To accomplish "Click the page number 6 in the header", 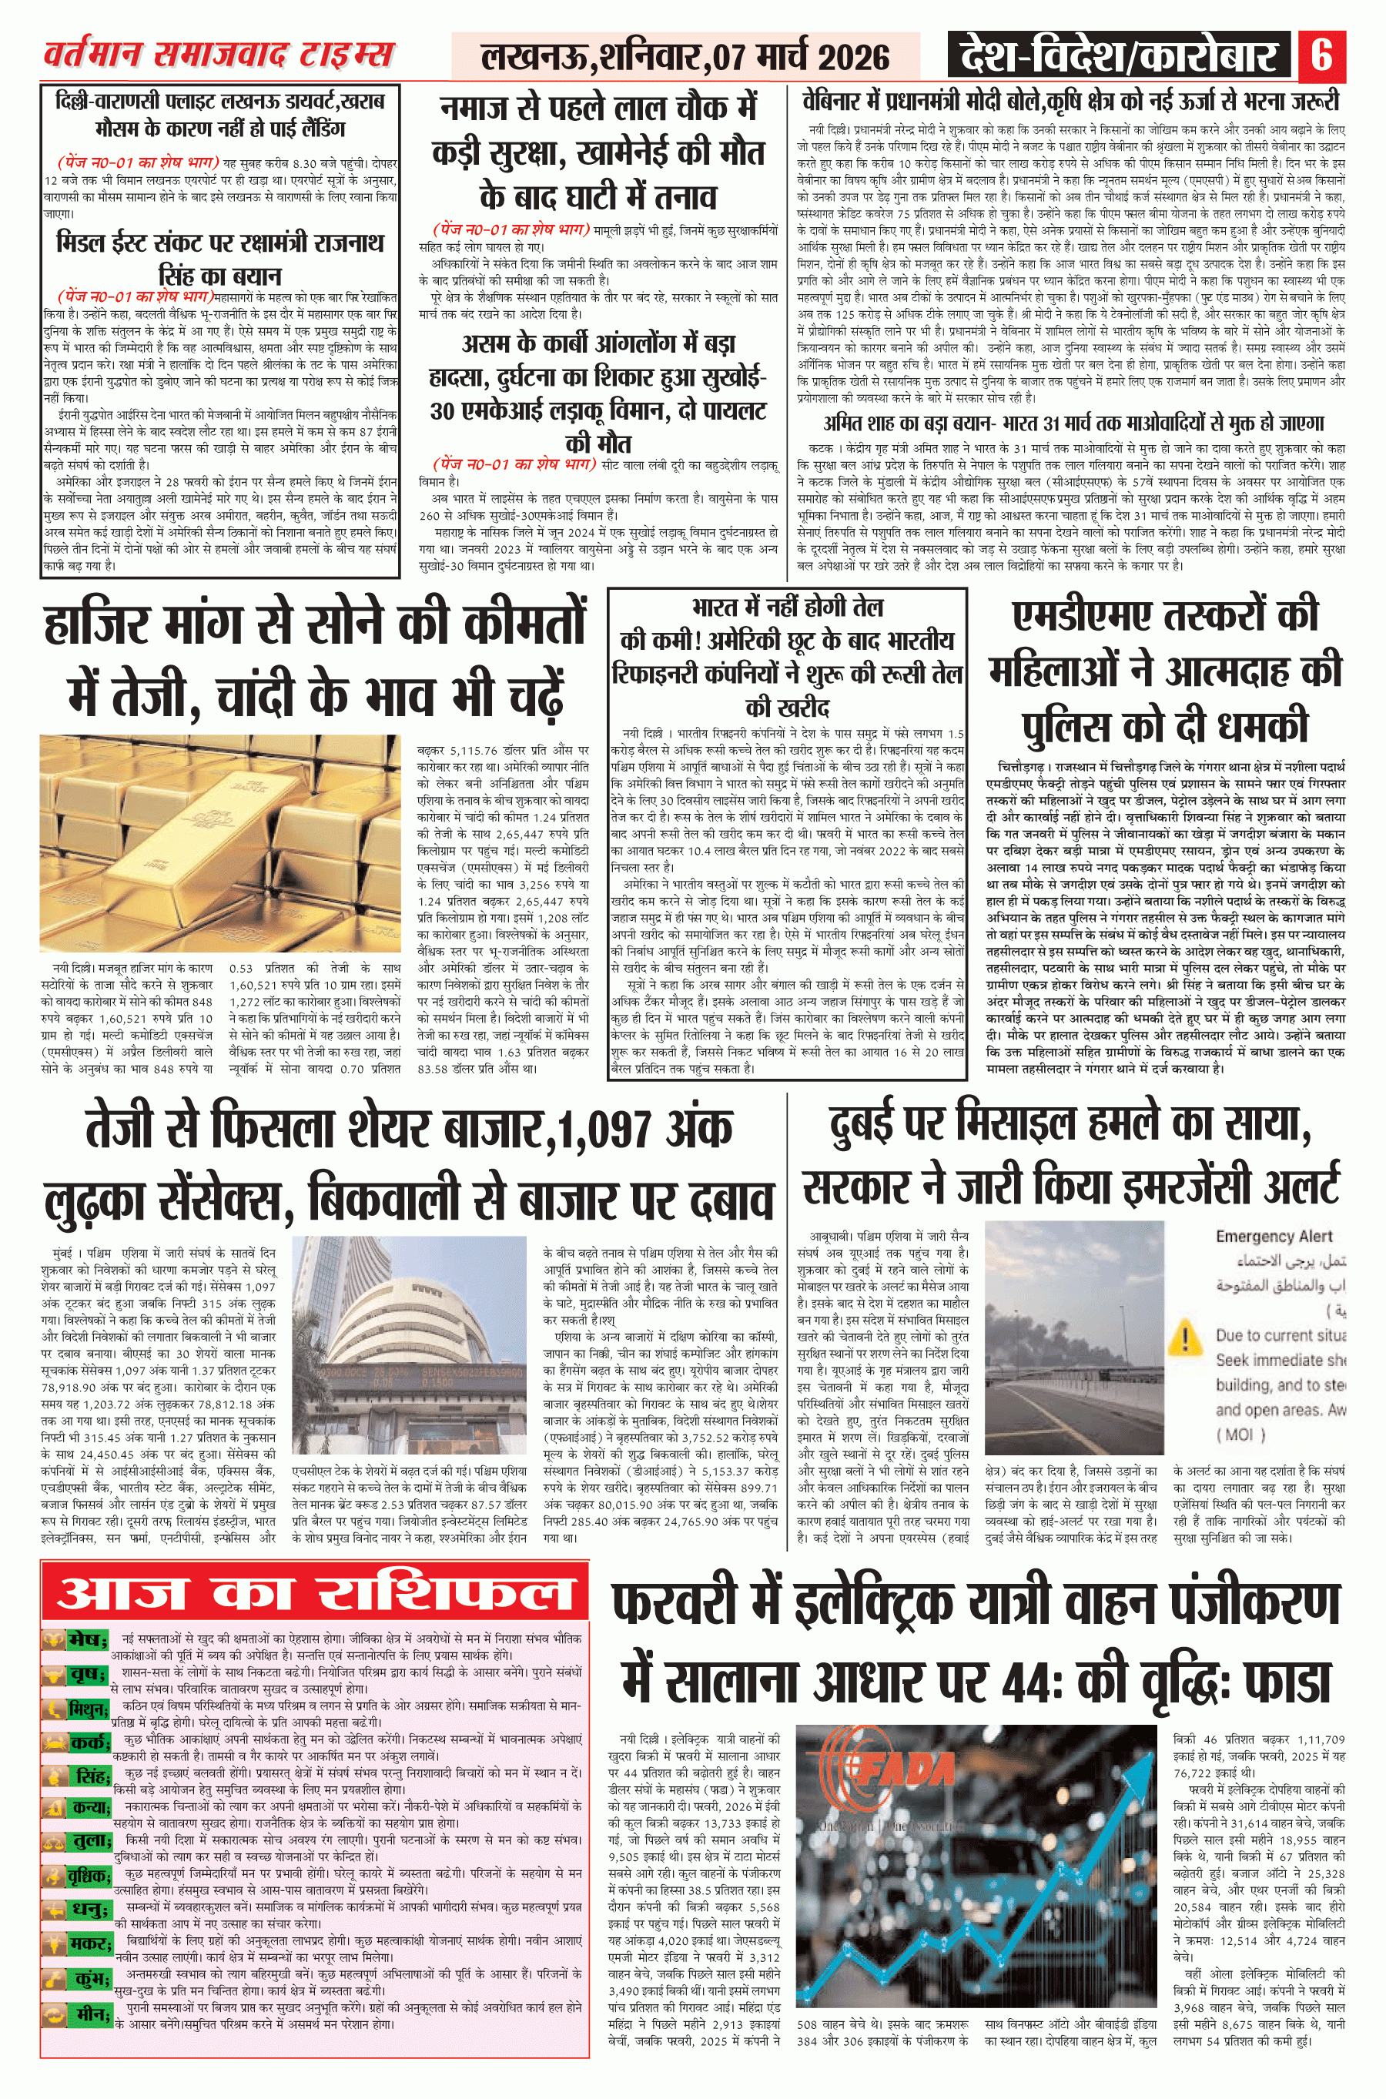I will [1321, 55].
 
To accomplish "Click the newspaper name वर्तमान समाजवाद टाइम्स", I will [219, 55].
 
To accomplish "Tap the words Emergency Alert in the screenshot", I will [1274, 1237].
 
